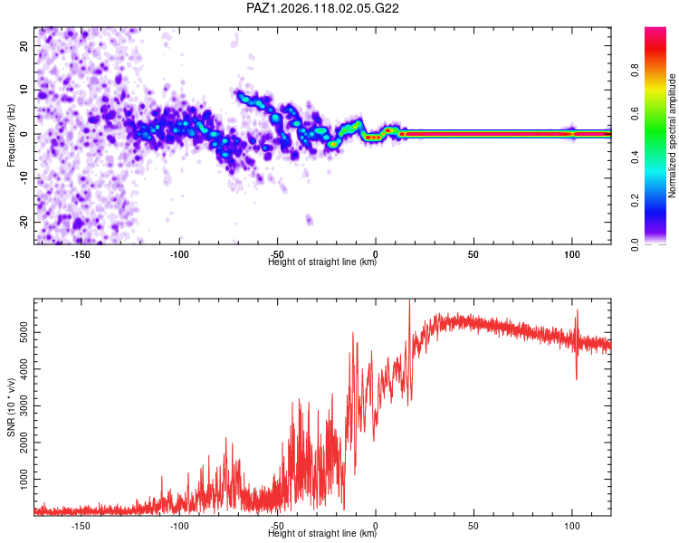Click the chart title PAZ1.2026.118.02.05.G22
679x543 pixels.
click(322, 8)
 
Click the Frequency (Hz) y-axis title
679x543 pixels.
click(11, 135)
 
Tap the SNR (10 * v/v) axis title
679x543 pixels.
click(11, 407)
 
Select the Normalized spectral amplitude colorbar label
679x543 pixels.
click(672, 136)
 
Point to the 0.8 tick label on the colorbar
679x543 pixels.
click(635, 71)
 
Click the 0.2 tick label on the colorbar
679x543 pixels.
click(635, 201)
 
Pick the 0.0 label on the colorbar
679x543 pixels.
click(635, 244)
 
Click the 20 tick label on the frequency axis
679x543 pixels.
click(24, 45)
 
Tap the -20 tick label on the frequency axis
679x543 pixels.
click(24, 222)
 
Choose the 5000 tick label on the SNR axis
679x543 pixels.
click(24, 332)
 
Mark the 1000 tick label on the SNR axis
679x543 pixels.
click(24, 479)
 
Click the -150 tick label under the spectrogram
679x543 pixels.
click(80, 254)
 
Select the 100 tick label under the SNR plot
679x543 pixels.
click(572, 526)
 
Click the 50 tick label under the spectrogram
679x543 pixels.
click(473, 254)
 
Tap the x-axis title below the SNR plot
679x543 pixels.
click(322, 533)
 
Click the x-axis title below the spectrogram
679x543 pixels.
click(322, 262)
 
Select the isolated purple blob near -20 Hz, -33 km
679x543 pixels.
click(309, 220)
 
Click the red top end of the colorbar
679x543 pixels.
click(655, 30)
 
